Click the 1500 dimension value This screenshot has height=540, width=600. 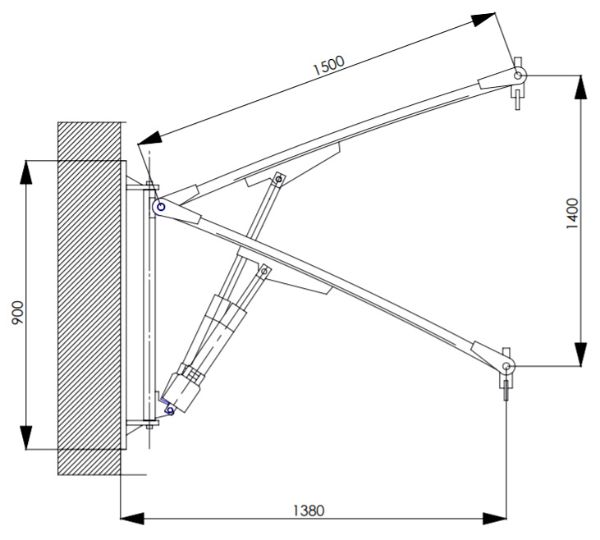click(328, 65)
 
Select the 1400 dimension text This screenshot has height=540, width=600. click(572, 213)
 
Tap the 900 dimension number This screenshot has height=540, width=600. click(17, 313)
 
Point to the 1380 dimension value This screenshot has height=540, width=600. click(309, 510)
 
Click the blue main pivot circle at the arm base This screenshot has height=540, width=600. click(161, 207)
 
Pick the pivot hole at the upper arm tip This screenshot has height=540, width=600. click(518, 76)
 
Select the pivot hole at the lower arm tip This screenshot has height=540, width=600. click(506, 366)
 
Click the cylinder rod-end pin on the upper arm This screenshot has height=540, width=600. click(279, 178)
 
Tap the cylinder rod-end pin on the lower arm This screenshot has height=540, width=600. click(263, 272)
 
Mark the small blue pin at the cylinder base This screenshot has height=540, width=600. click(171, 412)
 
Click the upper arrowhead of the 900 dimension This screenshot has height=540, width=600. click(26, 172)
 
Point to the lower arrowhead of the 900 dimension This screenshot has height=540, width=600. click(26, 437)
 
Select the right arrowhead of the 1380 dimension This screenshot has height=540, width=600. click(495, 519)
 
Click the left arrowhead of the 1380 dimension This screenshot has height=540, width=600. click(132, 519)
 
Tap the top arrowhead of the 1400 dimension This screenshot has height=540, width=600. click(581, 87)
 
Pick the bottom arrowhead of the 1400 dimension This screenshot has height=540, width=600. click(581, 355)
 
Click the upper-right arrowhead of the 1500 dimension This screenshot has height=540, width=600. click(483, 19)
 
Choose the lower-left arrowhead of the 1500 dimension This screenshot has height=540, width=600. click(149, 138)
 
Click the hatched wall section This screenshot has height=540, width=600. click(89, 299)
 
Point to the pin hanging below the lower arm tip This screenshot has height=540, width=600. click(506, 391)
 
